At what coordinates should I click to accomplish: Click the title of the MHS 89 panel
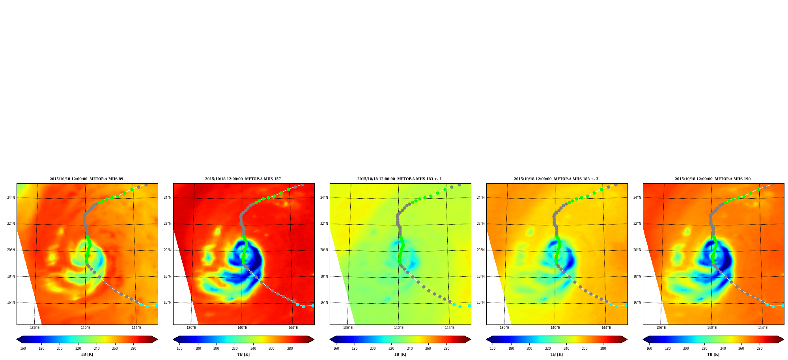point(86,179)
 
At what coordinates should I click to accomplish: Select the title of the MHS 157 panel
point(243,179)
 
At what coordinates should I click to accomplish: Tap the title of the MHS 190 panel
point(713,179)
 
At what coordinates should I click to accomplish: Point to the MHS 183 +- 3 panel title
point(556,179)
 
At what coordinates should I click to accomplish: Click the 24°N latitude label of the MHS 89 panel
point(11,198)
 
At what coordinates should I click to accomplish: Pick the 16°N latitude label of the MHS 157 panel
point(168,303)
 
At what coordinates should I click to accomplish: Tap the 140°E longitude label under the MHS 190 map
point(712,328)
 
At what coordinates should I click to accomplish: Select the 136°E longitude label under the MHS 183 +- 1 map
point(348,328)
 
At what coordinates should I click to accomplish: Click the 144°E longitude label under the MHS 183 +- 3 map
point(606,328)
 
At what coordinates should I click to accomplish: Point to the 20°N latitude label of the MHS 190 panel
point(637,250)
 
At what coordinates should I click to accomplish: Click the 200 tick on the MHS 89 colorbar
point(60,349)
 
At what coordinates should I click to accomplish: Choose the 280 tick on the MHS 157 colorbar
point(290,349)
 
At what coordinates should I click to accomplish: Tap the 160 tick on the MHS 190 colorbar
point(649,349)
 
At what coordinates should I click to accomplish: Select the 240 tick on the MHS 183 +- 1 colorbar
point(410,349)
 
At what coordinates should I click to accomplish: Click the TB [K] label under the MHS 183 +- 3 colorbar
point(557,354)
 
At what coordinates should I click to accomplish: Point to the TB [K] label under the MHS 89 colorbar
point(87,354)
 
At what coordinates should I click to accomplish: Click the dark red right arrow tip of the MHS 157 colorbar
point(314,339)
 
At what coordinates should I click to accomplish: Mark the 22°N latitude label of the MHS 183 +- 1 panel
point(324,224)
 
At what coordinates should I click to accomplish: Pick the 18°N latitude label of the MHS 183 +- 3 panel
point(481,276)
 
